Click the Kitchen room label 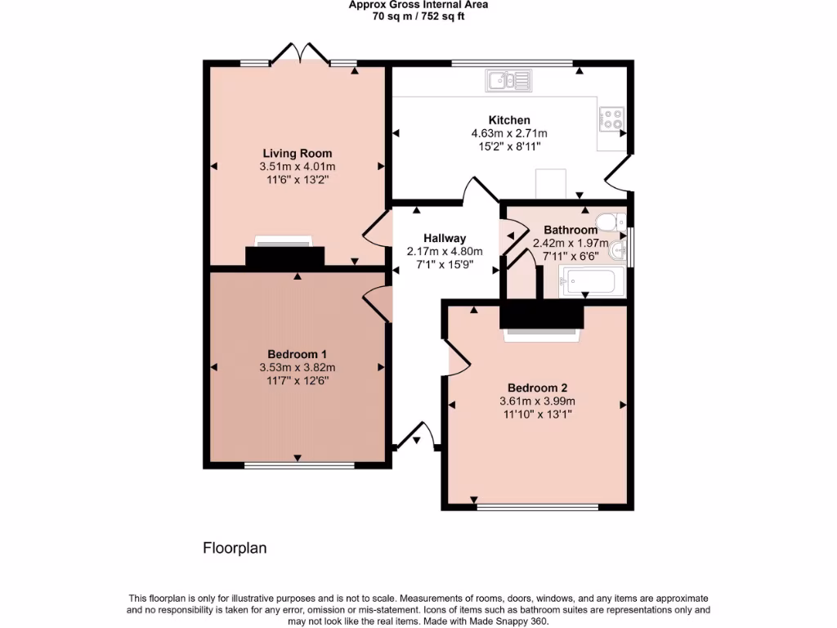tap(509, 120)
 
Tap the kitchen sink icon tap(508, 79)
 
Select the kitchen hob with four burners tap(612, 120)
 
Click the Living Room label tap(297, 153)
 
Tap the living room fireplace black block tap(284, 257)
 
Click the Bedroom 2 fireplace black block tap(542, 315)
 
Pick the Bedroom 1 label tap(297, 354)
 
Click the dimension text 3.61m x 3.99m tap(537, 401)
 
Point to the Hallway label tap(445, 238)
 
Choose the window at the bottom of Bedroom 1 tap(299, 466)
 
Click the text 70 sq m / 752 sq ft tap(418, 16)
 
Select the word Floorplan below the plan tap(235, 548)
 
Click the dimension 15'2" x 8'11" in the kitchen tap(508, 146)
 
